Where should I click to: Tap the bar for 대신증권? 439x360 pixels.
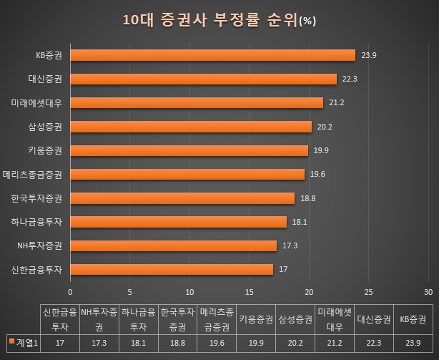[203, 79]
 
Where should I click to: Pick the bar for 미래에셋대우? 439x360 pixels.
[197, 103]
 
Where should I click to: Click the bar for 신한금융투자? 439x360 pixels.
[172, 270]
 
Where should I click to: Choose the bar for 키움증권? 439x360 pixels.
[189, 150]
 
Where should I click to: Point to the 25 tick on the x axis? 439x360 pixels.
[369, 292]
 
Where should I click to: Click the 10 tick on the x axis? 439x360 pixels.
[189, 292]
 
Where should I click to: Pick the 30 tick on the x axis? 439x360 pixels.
[428, 292]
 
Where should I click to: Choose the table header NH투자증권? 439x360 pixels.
[98, 319]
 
